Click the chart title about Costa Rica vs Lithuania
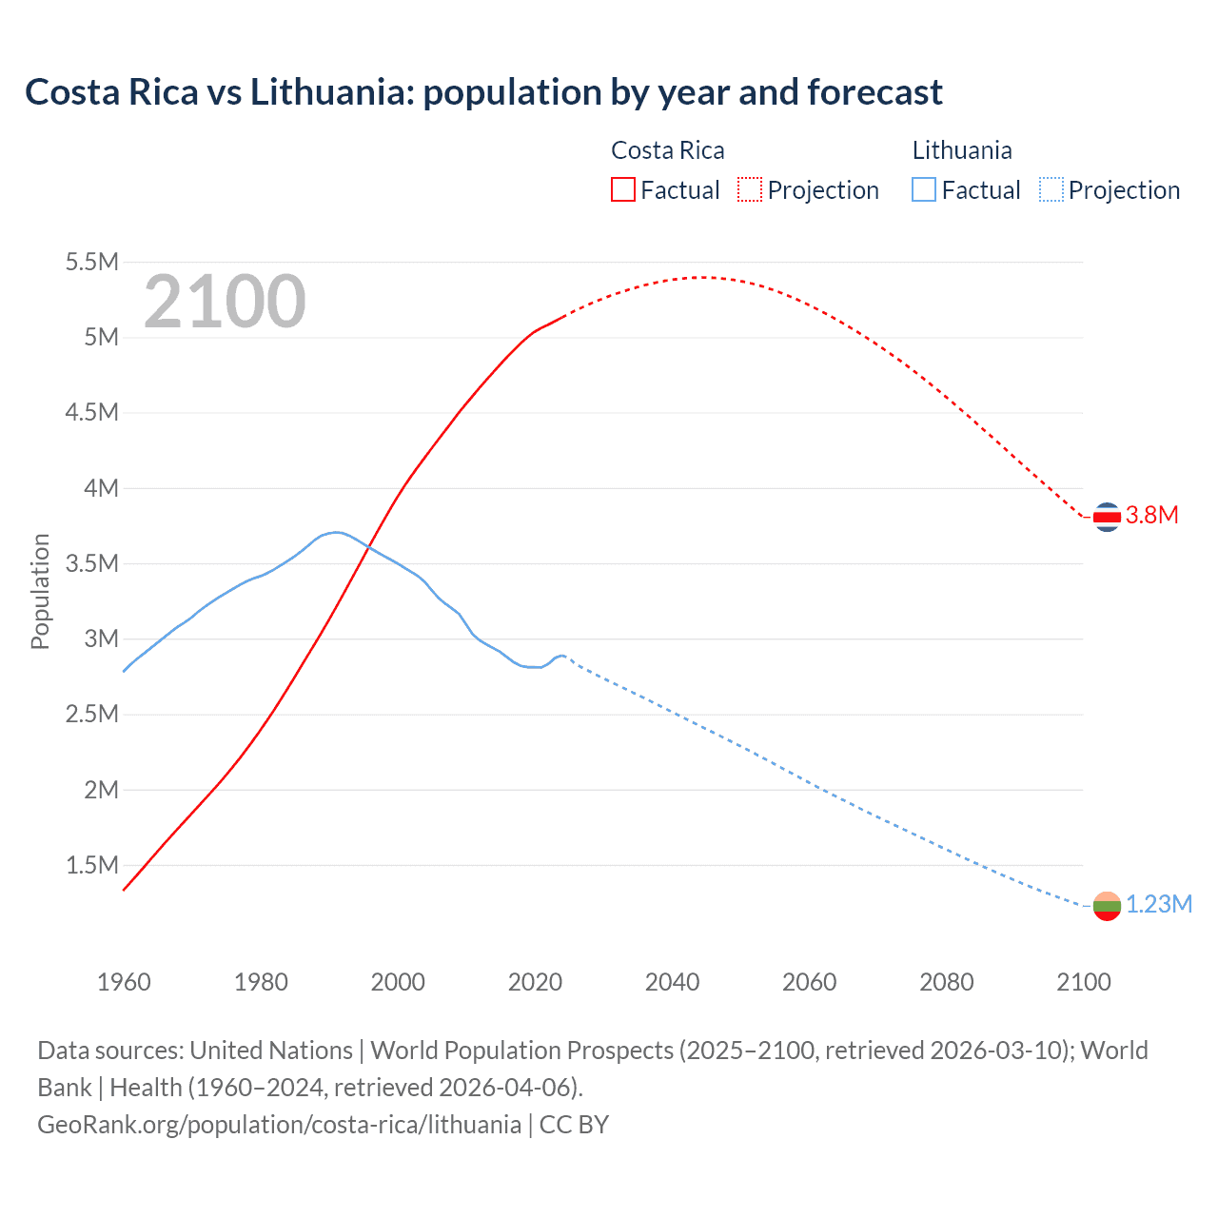483,92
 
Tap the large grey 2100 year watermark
225,302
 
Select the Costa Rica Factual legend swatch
622,190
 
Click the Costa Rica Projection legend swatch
750,190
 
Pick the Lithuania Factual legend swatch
924,190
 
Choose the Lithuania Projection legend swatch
1051,190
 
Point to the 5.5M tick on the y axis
91,263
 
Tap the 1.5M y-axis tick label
91,865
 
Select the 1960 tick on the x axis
124,982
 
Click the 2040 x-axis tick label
672,982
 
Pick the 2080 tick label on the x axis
946,982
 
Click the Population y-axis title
40,591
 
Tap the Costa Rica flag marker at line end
1107,517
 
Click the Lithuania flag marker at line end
1107,906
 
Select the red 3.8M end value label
1151,516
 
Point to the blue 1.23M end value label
1158,905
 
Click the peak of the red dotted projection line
701,277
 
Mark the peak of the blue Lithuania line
335,532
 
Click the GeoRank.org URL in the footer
279,1125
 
